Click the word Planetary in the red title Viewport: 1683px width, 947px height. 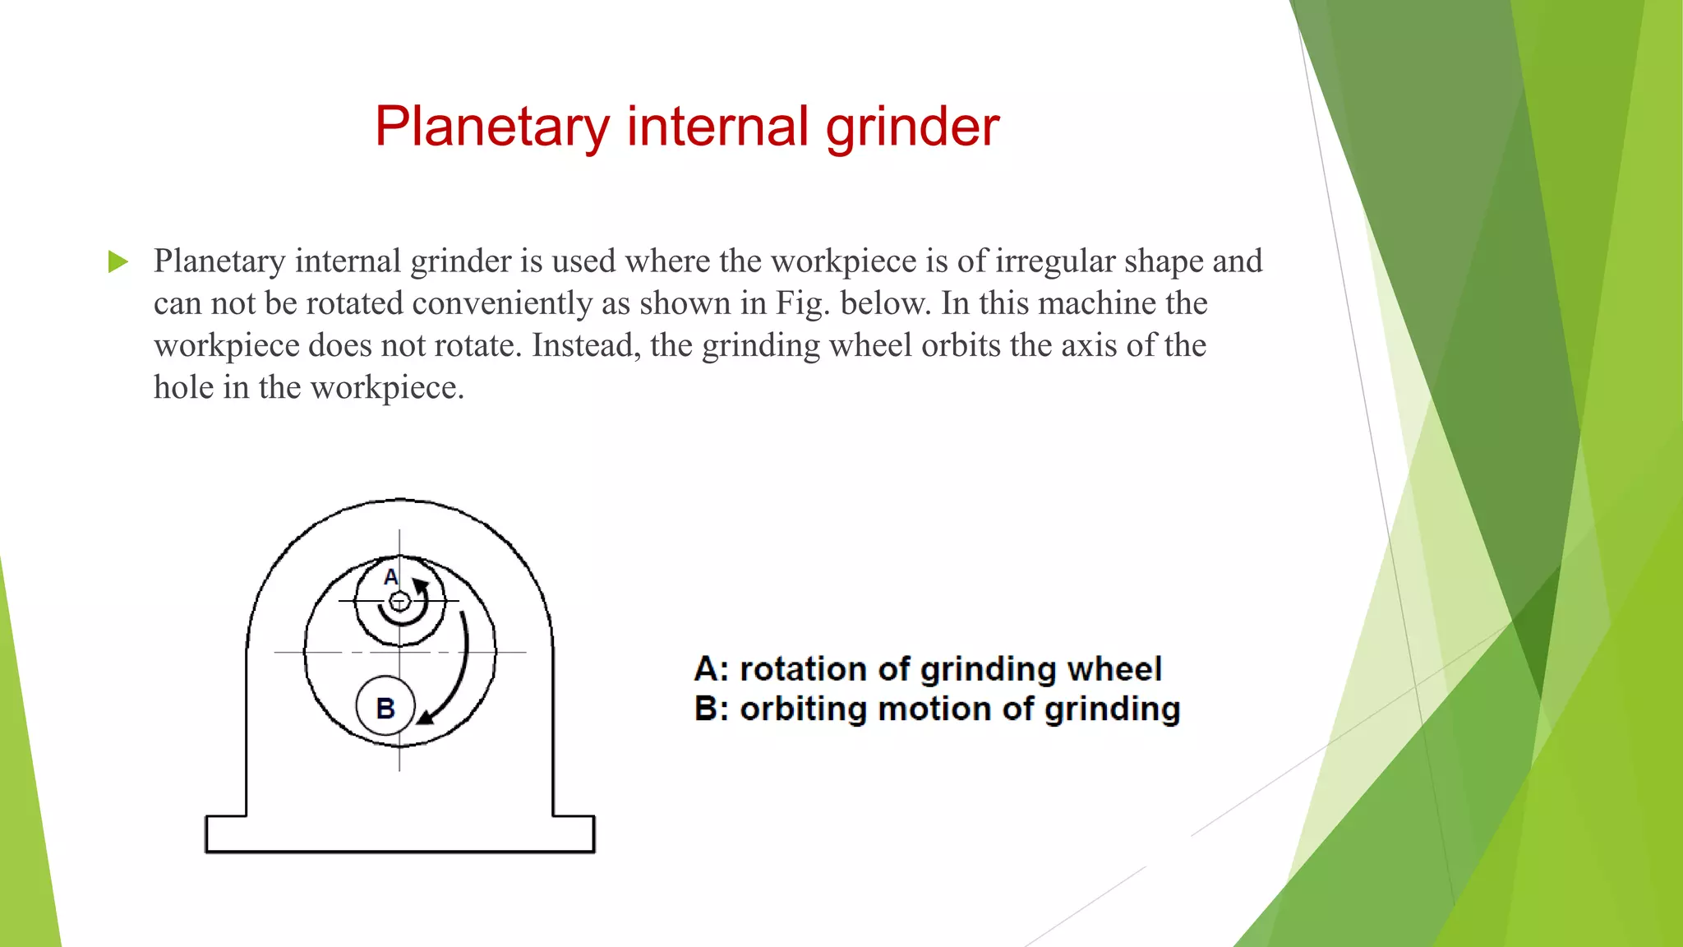[491, 127]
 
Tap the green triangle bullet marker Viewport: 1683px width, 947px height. [118, 262]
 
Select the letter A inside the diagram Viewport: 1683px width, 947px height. [391, 577]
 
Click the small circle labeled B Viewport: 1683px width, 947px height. [385, 707]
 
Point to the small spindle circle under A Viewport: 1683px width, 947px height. [399, 603]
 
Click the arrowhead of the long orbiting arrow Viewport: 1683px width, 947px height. [425, 718]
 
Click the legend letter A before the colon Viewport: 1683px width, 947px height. [707, 669]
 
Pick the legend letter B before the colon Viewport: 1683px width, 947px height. [706, 709]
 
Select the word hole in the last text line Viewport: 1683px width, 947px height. [180, 387]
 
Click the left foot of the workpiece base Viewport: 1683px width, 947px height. [226, 834]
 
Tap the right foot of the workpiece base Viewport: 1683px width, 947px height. [574, 834]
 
